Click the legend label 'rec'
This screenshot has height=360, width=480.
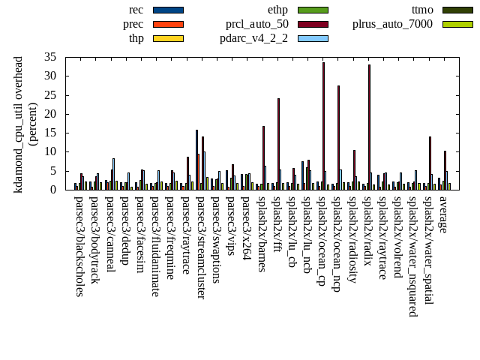point(136,10)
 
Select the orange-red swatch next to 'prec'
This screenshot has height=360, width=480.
point(168,24)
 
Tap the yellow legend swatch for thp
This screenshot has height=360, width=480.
point(168,38)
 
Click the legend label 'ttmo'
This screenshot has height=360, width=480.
point(423,10)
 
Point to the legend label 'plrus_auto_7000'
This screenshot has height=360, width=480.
point(392,24)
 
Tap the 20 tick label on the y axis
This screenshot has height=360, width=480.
point(51,114)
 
